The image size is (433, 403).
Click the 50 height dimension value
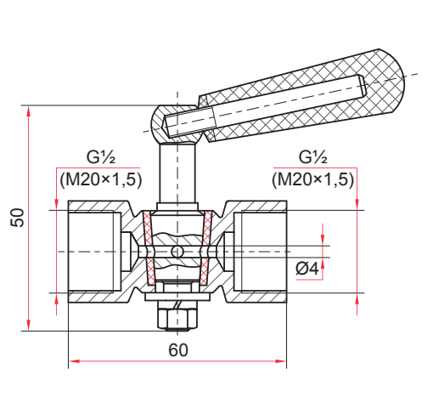pos(17,218)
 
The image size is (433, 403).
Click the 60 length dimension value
pos(178,350)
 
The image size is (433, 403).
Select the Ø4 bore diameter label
pos(307,269)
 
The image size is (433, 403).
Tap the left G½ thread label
pos(101,157)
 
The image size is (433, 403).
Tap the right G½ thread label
pos(313,157)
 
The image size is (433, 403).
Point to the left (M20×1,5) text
pos(101,179)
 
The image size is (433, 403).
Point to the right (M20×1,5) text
pos(313,179)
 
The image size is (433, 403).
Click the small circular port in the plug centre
pos(177,252)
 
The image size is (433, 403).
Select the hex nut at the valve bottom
pos(177,316)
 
